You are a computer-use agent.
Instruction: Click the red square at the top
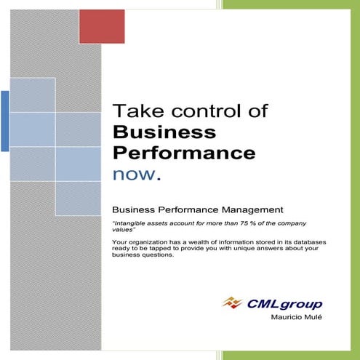103,26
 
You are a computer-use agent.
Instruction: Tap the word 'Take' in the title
137,111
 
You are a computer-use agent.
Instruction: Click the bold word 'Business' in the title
164,132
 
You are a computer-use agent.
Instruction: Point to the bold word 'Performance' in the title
184,153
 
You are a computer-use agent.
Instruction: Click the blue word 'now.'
136,175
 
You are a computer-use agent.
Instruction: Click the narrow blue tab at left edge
5,121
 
